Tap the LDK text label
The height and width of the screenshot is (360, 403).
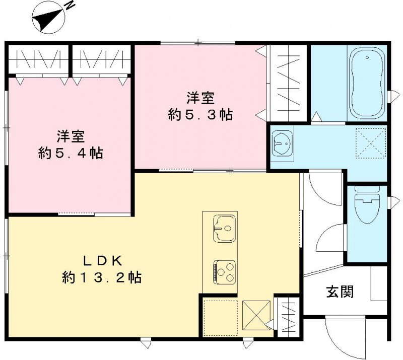(101, 261)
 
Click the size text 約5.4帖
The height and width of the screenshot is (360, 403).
(71, 153)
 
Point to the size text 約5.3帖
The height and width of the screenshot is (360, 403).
(200, 115)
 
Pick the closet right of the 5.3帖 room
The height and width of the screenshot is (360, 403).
(287, 83)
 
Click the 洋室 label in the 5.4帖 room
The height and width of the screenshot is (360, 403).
(70, 136)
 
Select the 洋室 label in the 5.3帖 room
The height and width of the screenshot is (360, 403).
(199, 97)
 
